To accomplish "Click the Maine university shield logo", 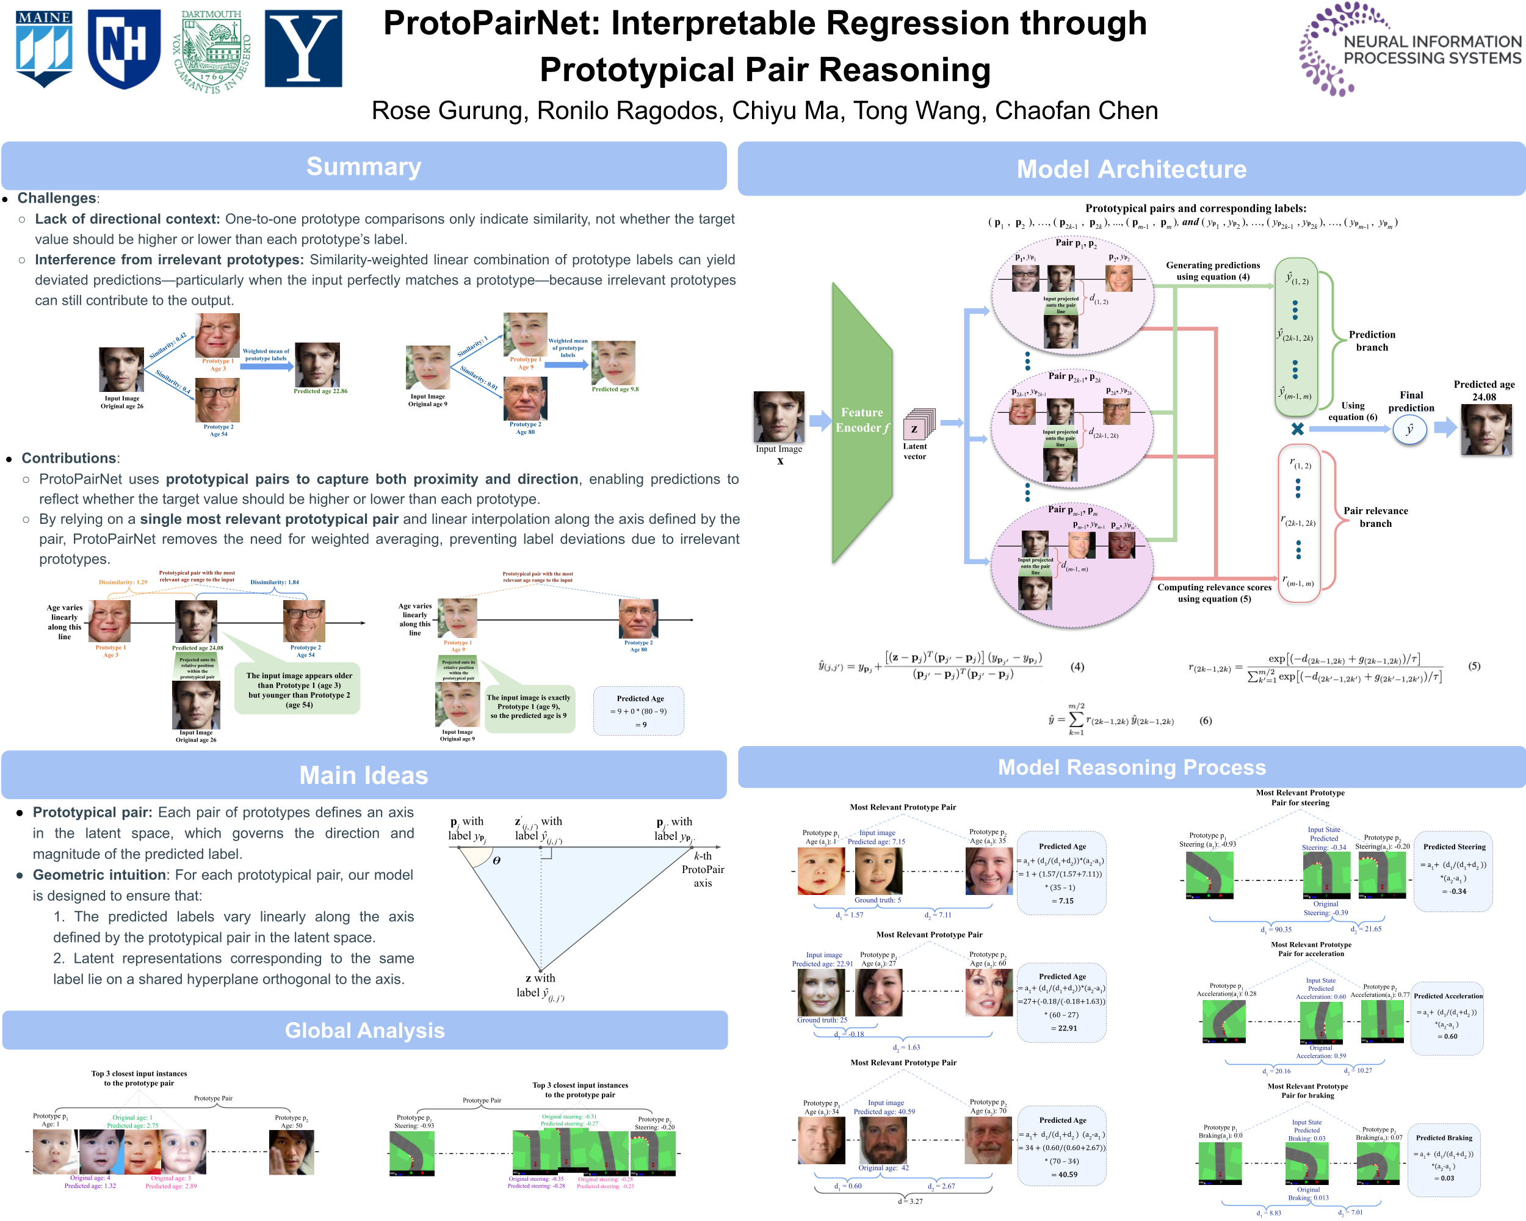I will pyautogui.click(x=44, y=48).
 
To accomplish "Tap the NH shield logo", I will pyautogui.click(x=124, y=48).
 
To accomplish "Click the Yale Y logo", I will pyautogui.click(x=303, y=48).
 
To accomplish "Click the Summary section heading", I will pyautogui.click(x=364, y=166).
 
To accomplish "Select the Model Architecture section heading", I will pyautogui.click(x=1131, y=169).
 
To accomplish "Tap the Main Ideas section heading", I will pyautogui.click(x=364, y=775).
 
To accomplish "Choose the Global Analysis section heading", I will pyautogui.click(x=364, y=1030).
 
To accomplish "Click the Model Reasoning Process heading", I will pyautogui.click(x=1131, y=767).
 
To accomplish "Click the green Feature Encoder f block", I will pyautogui.click(x=861, y=421).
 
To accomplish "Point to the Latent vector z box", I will pyautogui.click(x=915, y=427).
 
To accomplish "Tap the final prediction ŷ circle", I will pyautogui.click(x=1409, y=429).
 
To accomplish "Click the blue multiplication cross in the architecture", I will pyautogui.click(x=1297, y=428).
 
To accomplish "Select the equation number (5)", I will pyautogui.click(x=1474, y=666).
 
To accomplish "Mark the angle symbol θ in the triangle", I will pyautogui.click(x=497, y=861).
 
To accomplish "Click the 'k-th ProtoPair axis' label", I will pyautogui.click(x=703, y=869).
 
